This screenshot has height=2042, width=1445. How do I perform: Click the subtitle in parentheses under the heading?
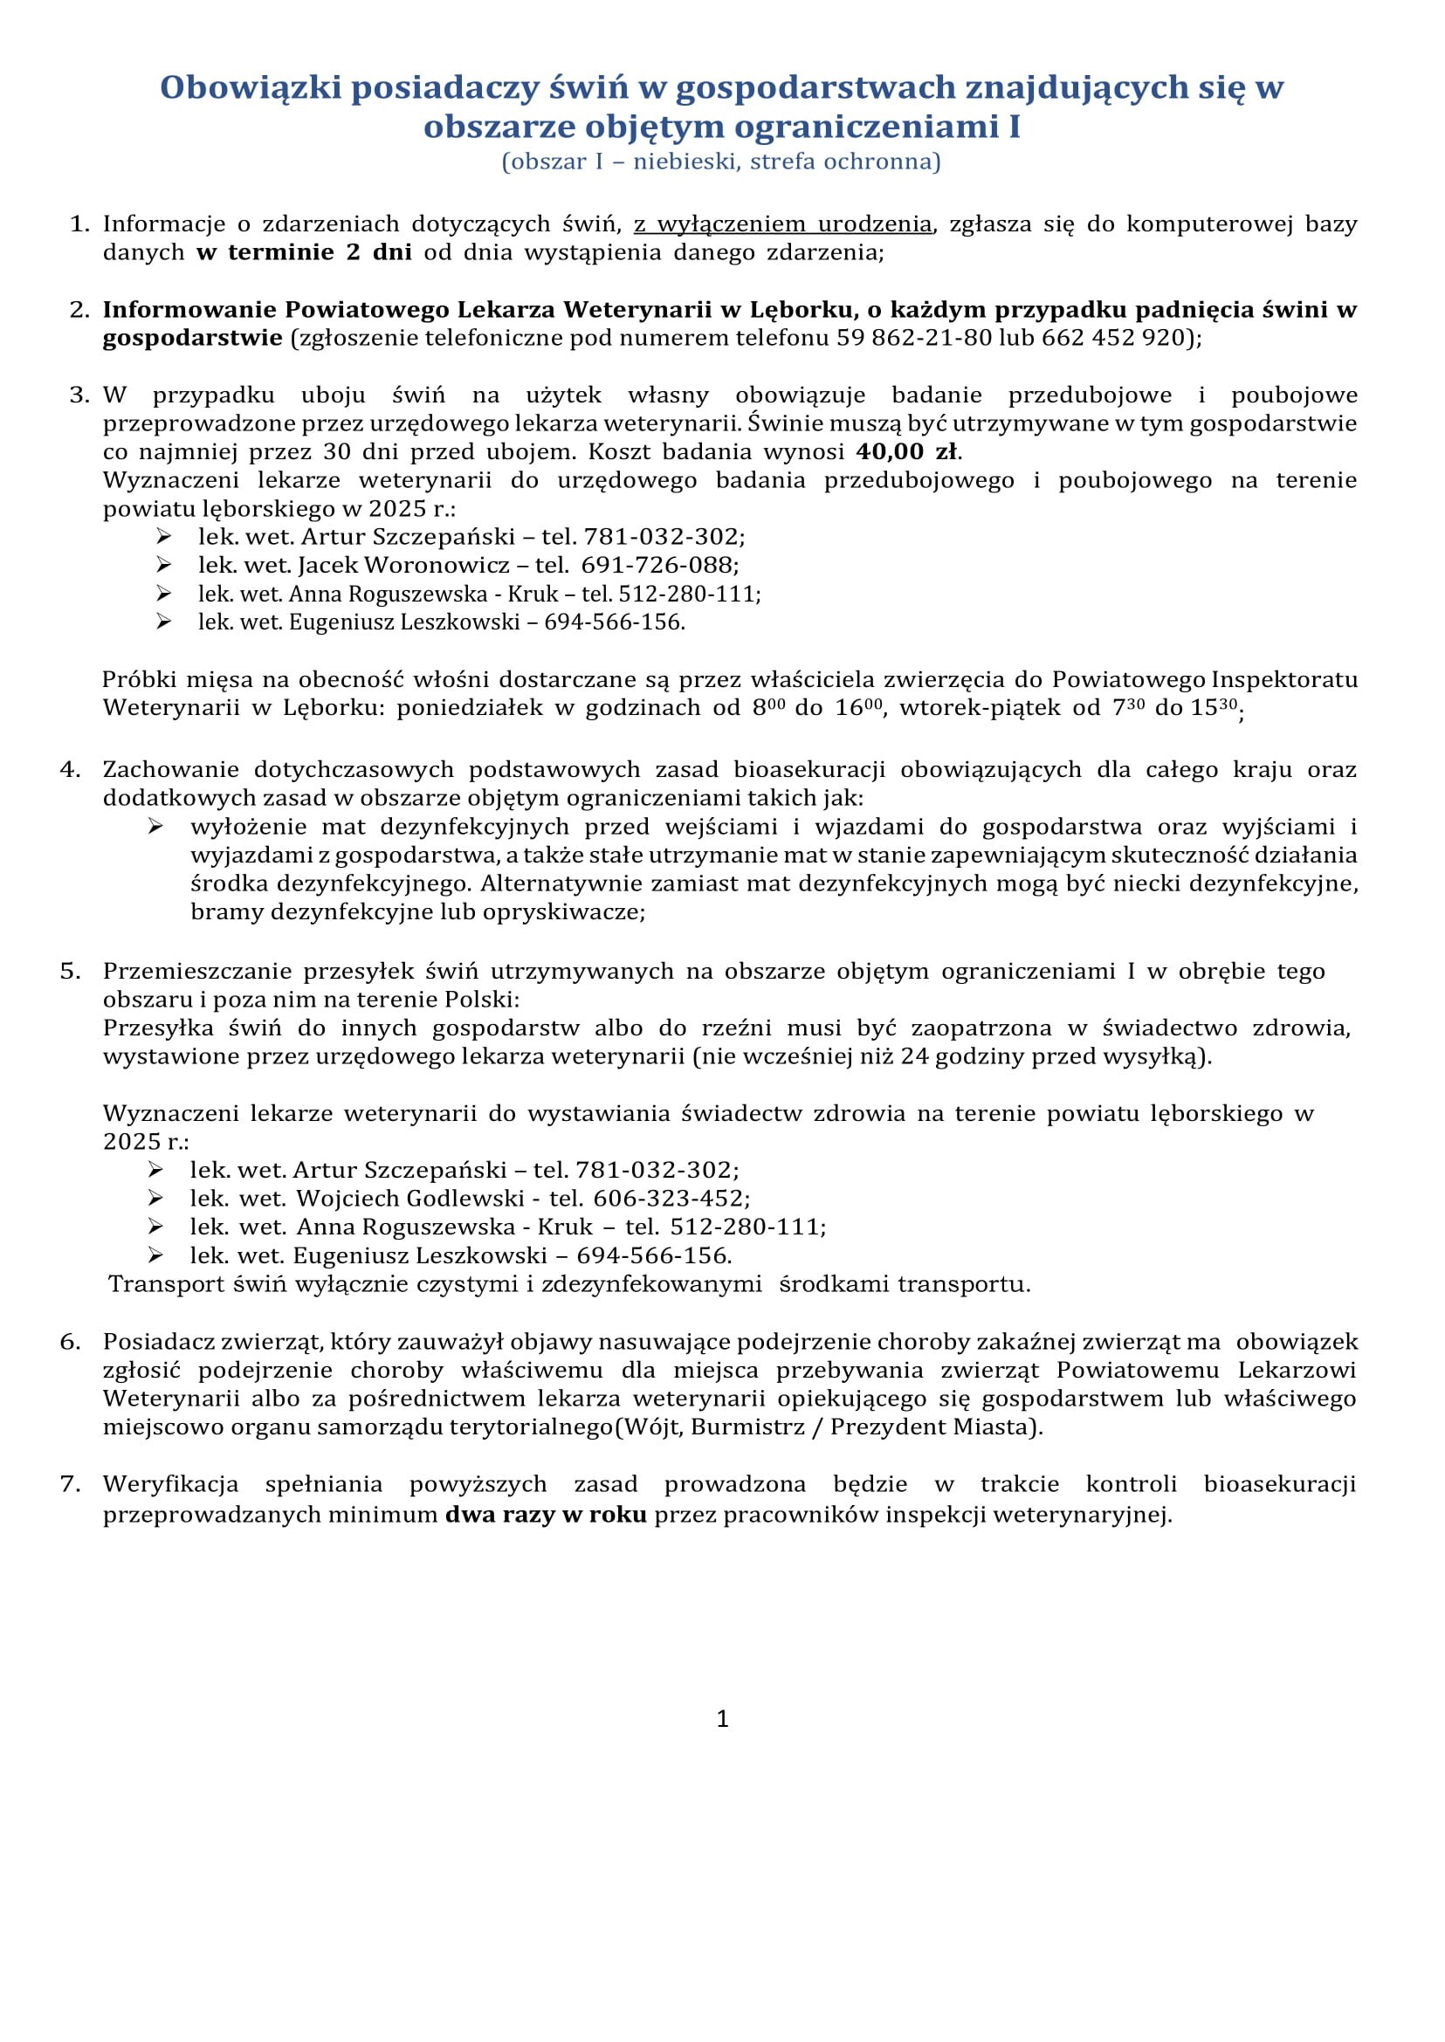click(x=720, y=162)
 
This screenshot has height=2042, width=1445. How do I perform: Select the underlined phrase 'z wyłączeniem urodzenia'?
click(x=782, y=224)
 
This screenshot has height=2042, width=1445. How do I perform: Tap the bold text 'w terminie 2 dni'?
click(x=304, y=252)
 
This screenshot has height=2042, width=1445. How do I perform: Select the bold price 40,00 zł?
click(x=906, y=452)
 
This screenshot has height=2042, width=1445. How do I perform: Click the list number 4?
click(x=71, y=770)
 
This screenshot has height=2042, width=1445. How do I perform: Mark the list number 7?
click(x=71, y=1484)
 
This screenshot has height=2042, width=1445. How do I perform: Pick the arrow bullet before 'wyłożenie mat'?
click(x=155, y=827)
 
